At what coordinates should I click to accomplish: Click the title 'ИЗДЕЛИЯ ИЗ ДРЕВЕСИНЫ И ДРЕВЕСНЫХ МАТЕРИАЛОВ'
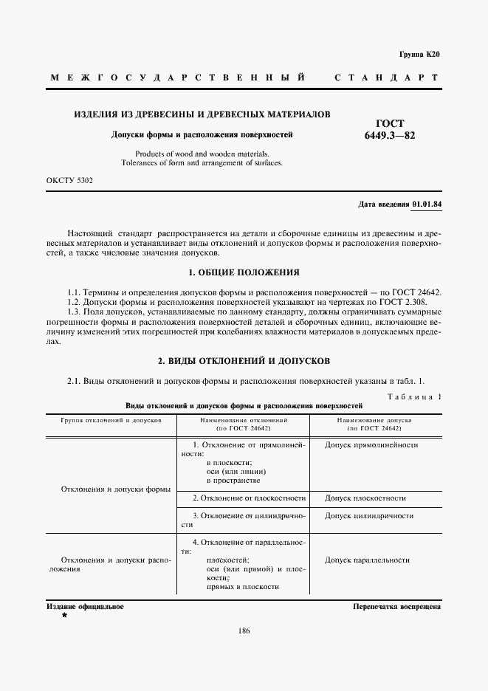coord(202,114)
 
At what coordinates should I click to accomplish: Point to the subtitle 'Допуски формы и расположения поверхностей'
coord(202,135)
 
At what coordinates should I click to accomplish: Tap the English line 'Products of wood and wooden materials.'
coord(202,154)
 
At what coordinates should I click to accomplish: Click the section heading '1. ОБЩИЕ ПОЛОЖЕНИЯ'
coord(244,272)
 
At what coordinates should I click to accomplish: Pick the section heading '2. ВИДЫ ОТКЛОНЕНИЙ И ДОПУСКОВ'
coord(244,361)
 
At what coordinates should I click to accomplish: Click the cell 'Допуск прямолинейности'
coord(371,445)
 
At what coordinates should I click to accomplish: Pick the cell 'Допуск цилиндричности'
coord(368,516)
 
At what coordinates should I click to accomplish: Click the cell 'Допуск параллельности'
coord(367,560)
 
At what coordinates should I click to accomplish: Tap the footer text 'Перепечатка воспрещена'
coord(397,606)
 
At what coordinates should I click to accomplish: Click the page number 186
coord(244,630)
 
